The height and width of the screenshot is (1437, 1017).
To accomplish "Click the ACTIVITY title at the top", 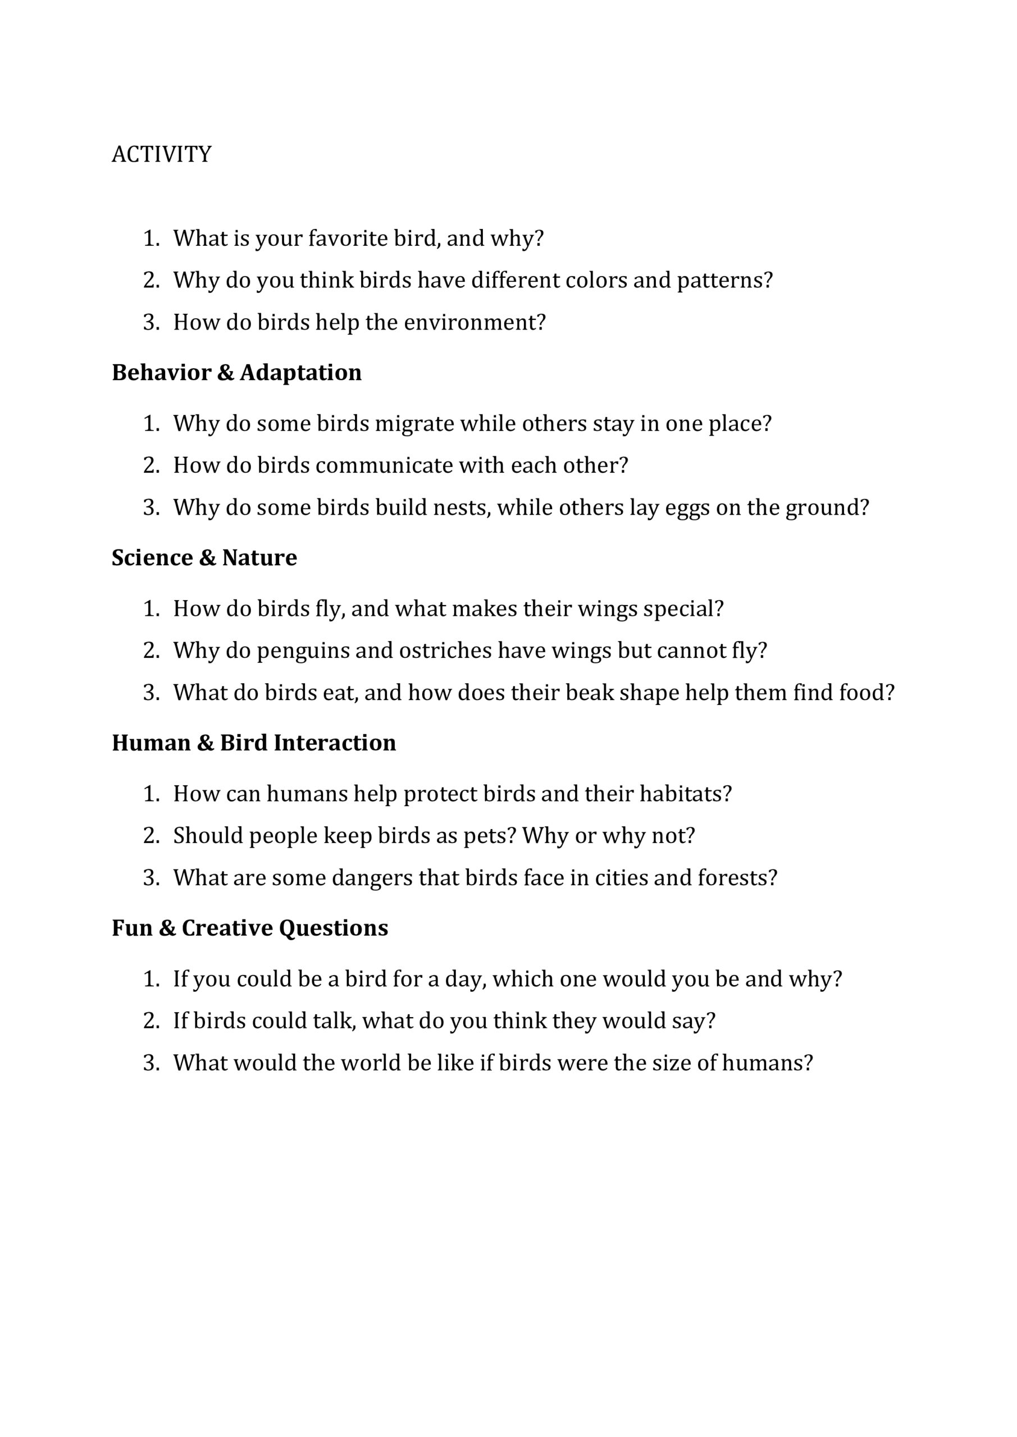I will coord(162,154).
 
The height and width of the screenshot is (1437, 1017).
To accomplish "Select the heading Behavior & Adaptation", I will coord(237,372).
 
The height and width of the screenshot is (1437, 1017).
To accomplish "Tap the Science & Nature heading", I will coord(204,557).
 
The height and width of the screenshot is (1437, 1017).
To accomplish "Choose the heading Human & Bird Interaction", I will coord(254,743).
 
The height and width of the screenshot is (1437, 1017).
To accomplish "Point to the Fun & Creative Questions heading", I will coord(250,927).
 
